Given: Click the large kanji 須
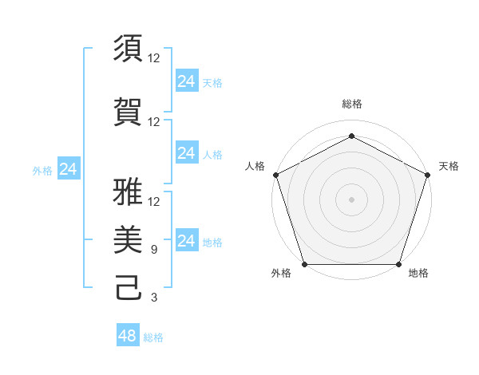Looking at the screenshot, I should pyautogui.click(x=129, y=49).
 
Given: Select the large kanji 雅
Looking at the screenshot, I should pyautogui.click(x=129, y=192).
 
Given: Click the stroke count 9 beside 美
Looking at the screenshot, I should pyautogui.click(x=154, y=250).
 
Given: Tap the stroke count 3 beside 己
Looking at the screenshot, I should pyautogui.click(x=154, y=298).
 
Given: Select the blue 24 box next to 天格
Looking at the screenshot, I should pyautogui.click(x=186, y=81).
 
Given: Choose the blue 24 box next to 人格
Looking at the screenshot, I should pyautogui.click(x=186, y=153).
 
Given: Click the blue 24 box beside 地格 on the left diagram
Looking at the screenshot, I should pyautogui.click(x=186, y=241).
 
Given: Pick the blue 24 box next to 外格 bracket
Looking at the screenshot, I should pyautogui.click(x=69, y=169).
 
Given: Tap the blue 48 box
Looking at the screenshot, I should pyautogui.click(x=128, y=336).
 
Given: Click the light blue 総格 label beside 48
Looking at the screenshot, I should pyautogui.click(x=153, y=337).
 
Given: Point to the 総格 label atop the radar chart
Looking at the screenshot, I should pyautogui.click(x=351, y=104).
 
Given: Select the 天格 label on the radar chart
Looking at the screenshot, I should pyautogui.click(x=449, y=166).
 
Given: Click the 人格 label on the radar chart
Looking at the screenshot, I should pyautogui.click(x=255, y=166).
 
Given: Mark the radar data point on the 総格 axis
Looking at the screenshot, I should pyautogui.click(x=351, y=136).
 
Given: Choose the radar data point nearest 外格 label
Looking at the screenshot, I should pyautogui.click(x=304, y=264).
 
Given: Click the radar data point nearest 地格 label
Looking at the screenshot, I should pyautogui.click(x=398, y=264).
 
